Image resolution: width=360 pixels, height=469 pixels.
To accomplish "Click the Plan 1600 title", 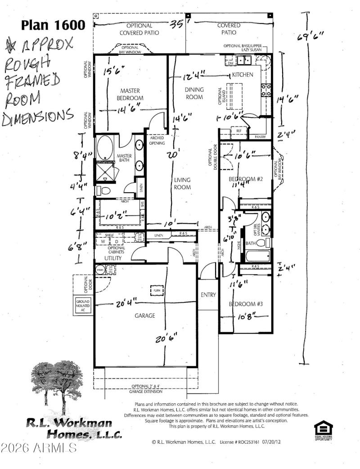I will click(53, 25).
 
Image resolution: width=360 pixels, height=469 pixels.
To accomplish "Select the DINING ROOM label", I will click(194, 93).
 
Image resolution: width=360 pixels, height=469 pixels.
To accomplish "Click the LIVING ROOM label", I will click(183, 184).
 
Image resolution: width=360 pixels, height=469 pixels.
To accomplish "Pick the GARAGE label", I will click(144, 316).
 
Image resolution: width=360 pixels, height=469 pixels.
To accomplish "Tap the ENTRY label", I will click(208, 295).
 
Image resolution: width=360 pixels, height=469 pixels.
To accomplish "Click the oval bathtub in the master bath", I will click(105, 149).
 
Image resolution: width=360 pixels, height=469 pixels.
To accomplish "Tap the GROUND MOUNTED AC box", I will click(83, 305).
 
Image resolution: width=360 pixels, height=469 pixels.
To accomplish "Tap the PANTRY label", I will click(260, 137).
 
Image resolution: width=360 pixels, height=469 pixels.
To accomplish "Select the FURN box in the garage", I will click(156, 290).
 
